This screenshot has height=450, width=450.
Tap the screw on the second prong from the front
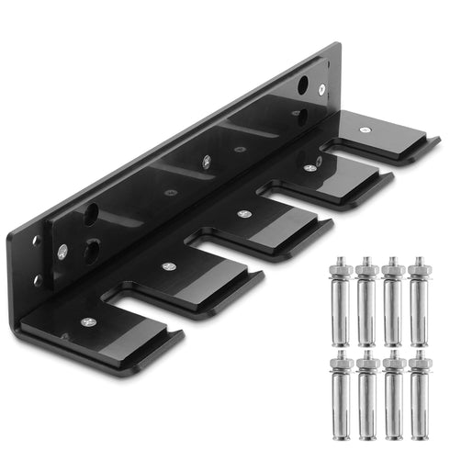pos(168,266)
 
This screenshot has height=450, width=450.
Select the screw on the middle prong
pos(243,214)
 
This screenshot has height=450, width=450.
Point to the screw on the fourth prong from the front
pos(310,168)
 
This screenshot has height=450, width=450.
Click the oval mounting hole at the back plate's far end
pos(302,85)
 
